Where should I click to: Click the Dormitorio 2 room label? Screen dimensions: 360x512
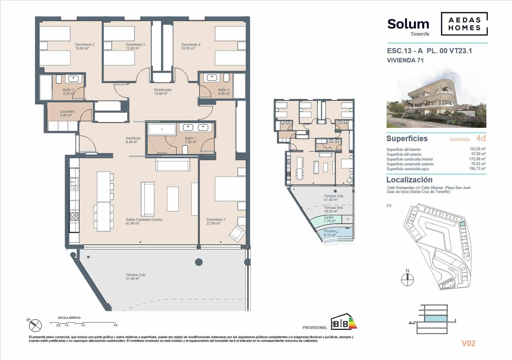(84, 47)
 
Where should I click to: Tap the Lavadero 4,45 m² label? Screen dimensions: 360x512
(67, 113)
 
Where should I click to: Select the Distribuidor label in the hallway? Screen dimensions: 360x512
(163, 92)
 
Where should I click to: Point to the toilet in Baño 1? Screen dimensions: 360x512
(185, 150)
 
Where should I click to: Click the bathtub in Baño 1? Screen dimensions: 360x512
(162, 129)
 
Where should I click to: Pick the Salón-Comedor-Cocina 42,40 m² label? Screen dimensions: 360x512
(144, 222)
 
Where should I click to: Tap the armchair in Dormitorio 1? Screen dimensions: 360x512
(237, 233)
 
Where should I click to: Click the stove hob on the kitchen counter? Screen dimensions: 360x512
(74, 216)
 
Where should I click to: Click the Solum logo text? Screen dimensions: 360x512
(408, 24)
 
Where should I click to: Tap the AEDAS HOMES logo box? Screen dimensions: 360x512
(464, 24)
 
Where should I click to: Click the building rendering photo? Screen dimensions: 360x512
(436, 102)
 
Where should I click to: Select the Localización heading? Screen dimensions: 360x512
(409, 180)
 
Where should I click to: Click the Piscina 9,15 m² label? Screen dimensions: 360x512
(330, 233)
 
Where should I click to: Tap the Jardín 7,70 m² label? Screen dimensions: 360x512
(329, 219)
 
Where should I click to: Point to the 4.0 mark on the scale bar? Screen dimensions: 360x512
(115, 325)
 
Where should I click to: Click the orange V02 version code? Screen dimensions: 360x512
(468, 343)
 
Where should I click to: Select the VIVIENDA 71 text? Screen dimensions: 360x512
(405, 60)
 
